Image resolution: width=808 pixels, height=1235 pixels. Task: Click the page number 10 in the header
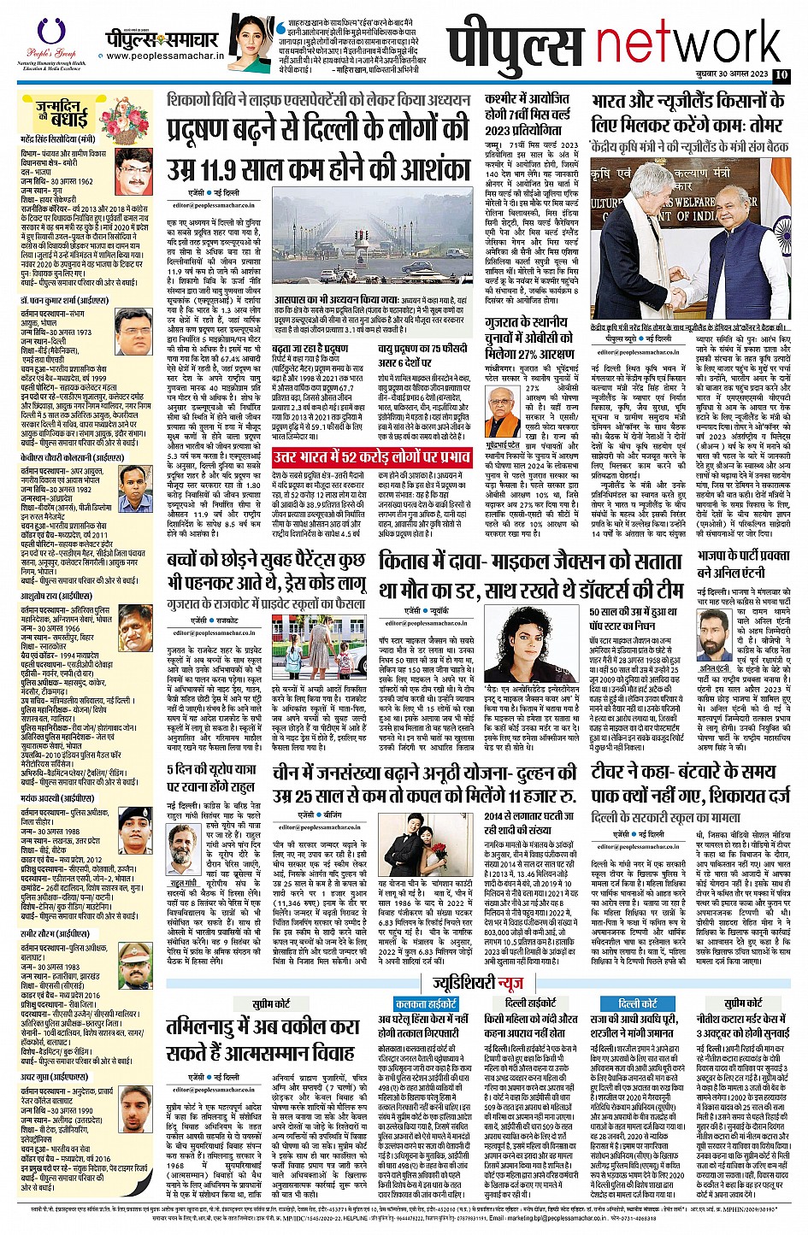click(781, 75)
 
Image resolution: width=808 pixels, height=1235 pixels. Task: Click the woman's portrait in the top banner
click(250, 43)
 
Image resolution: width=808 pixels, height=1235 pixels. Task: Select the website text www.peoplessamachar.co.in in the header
click(165, 56)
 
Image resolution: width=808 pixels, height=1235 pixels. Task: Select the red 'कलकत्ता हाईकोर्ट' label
click(426, 1003)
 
